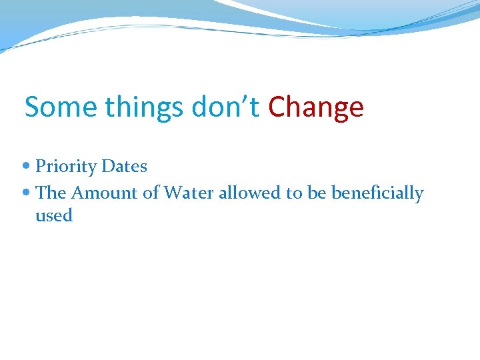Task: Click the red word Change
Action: [x=316, y=108]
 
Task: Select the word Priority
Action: [x=66, y=167]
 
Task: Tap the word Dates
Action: [x=124, y=166]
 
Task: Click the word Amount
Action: [x=100, y=193]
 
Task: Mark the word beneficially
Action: [x=377, y=193]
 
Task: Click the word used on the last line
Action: [x=54, y=215]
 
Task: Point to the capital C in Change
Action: [x=277, y=107]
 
